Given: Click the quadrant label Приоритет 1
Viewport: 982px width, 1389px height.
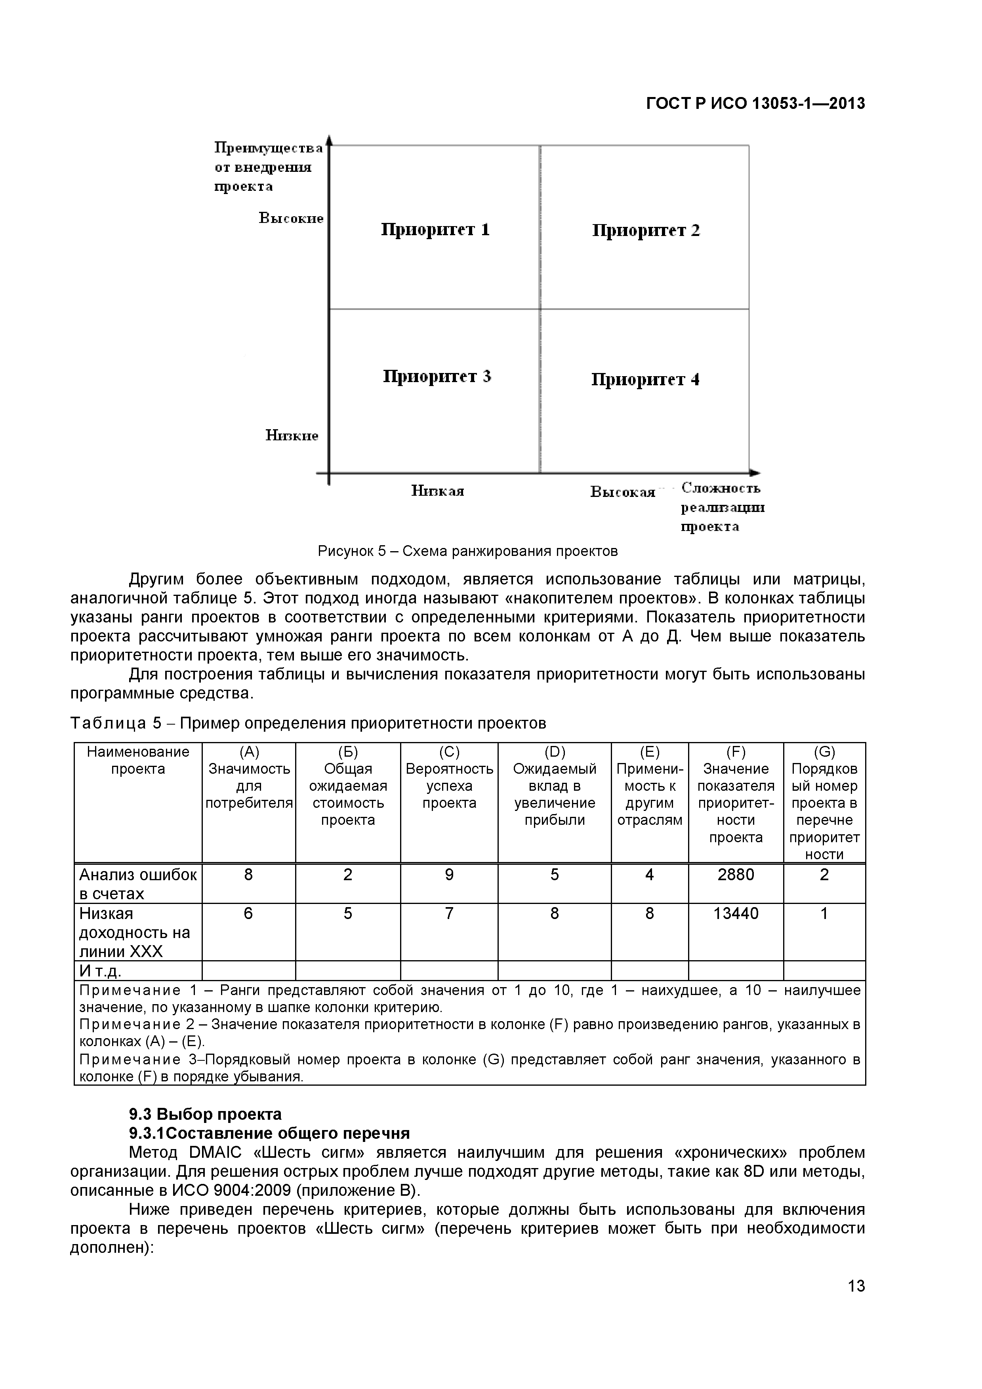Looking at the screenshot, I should coord(435,230).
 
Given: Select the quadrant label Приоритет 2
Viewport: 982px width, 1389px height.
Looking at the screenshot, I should coord(646,230).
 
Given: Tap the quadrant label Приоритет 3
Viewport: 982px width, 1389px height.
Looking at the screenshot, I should coord(437,376).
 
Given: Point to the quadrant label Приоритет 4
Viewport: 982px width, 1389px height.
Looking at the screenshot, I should coord(645,379).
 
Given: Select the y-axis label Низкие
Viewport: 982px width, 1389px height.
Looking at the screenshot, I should coord(292,436).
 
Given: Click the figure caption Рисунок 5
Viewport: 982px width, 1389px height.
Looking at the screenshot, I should coord(468,551).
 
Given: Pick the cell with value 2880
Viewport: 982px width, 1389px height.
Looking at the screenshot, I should coord(735,875).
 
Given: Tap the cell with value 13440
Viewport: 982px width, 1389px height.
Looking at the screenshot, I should coord(735,913).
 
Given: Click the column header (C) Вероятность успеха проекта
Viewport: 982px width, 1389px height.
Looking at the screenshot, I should coord(449,777).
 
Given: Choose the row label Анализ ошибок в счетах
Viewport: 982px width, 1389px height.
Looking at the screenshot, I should coord(138,884).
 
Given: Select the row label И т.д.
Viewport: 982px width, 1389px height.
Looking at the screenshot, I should coord(101,971).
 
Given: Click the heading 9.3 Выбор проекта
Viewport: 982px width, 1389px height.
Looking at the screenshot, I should coord(205,1114).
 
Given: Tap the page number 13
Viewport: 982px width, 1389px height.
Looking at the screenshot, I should coord(856,1303).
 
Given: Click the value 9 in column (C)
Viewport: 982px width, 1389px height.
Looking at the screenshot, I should coord(449,875).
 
